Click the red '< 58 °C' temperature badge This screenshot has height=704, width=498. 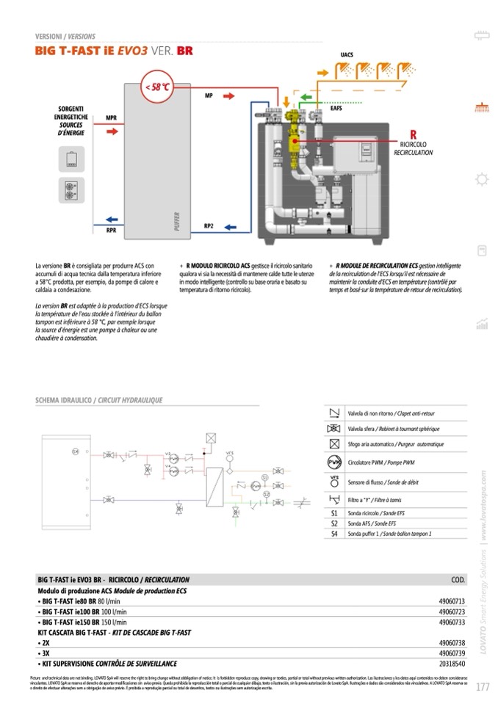(157, 87)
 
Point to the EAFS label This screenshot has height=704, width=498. (336, 109)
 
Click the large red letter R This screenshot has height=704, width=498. (413, 134)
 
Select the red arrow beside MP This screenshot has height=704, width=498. (228, 96)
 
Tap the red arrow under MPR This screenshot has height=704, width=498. (111, 132)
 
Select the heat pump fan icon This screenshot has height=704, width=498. (71, 190)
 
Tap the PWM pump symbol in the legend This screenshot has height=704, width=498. (333, 462)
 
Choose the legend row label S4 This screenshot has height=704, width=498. (334, 534)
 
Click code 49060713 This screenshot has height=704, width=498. (452, 600)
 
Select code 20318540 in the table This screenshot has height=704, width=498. (452, 662)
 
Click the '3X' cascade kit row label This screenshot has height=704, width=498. (46, 652)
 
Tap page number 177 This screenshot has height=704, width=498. (483, 687)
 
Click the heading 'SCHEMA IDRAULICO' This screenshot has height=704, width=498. (64, 400)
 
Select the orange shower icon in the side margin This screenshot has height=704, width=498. (482, 105)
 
